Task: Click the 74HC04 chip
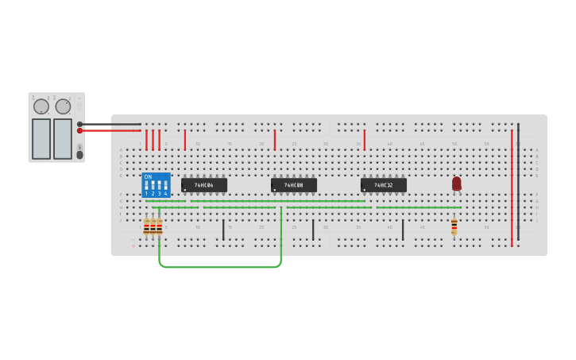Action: (204, 185)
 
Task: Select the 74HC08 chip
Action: (294, 185)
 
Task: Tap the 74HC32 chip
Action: (384, 185)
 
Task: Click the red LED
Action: (457, 183)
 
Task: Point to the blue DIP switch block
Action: (156, 186)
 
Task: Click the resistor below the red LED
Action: (454, 226)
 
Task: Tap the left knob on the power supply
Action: (41, 106)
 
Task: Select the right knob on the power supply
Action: (64, 106)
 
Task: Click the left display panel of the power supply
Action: (41, 138)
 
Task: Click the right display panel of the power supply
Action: (63, 138)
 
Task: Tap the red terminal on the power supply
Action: (80, 130)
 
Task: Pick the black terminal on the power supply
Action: (80, 124)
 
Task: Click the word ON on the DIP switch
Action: (148, 177)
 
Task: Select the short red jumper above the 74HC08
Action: (275, 141)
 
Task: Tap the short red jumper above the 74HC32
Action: (365, 141)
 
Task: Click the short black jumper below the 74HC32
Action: (403, 230)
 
